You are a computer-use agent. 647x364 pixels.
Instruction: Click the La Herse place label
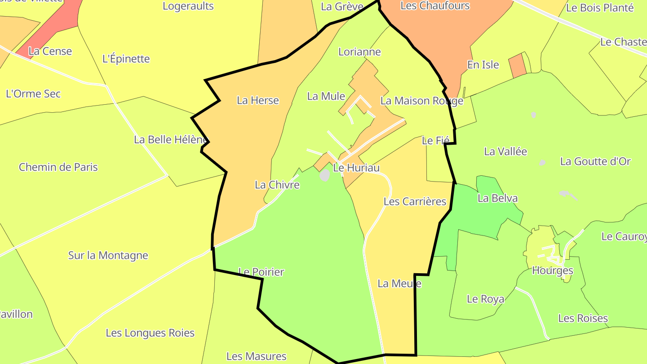(x=258, y=100)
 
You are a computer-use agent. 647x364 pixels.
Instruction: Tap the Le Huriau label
(x=356, y=168)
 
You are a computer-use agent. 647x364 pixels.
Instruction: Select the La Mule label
(x=326, y=96)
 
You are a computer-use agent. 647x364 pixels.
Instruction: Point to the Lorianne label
(x=359, y=52)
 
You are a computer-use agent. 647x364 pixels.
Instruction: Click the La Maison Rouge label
(x=421, y=101)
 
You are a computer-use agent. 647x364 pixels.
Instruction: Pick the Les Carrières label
(x=415, y=201)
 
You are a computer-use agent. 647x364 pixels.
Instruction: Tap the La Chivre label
(x=277, y=184)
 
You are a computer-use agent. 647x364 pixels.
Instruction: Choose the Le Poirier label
(x=261, y=272)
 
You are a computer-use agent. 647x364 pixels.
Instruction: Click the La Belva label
(x=497, y=198)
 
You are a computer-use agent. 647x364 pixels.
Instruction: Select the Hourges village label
(x=552, y=271)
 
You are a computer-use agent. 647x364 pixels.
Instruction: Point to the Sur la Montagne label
(x=108, y=255)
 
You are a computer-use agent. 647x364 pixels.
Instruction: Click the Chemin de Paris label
(x=58, y=167)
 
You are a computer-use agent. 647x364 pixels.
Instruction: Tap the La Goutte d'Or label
(x=595, y=161)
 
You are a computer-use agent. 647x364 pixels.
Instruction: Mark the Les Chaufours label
(x=435, y=5)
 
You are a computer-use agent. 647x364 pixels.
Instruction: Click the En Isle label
(x=483, y=65)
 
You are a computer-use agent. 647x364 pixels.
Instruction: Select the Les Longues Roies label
(x=150, y=333)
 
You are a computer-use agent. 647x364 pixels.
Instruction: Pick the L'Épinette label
(x=126, y=59)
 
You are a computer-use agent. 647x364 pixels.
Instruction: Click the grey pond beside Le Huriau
(x=324, y=175)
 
